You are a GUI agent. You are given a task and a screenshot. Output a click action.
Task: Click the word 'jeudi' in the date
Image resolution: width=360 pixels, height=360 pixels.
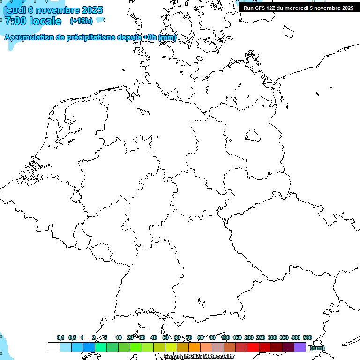coord(14,10)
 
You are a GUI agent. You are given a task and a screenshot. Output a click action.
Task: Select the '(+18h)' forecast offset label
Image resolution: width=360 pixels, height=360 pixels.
coord(81,21)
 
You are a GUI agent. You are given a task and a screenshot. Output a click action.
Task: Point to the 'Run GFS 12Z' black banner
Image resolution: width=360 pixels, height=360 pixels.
coord(299,8)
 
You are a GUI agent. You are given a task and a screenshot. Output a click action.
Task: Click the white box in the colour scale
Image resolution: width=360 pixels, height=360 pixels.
coord(53,347)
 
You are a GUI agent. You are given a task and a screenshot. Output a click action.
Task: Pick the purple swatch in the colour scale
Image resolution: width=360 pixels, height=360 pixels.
coord(300,347)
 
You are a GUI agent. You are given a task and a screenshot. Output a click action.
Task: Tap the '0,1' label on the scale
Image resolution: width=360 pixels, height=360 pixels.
coord(60,337)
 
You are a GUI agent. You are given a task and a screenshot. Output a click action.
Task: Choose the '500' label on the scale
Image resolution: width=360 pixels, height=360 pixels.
coord(307,337)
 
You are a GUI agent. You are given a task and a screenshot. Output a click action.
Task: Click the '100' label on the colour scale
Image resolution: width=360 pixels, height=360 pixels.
coord(225,337)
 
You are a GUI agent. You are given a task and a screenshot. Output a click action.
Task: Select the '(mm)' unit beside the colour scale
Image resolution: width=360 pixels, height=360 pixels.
coord(317,348)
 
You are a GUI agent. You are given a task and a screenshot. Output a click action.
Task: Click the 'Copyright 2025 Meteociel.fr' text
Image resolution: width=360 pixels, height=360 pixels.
coord(199,357)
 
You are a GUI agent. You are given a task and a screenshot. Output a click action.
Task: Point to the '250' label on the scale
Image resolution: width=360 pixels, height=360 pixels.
coord(261,337)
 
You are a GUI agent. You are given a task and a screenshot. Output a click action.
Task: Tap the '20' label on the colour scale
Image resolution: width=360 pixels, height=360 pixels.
coord(130,337)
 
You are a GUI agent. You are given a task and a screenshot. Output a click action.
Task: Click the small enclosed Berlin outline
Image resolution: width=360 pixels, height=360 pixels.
coord(253,135)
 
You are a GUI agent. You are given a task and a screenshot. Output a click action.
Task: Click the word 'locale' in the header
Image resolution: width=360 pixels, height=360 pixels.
coord(45,21)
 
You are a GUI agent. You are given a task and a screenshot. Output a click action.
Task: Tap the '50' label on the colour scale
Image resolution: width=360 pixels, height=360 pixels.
coord(165,337)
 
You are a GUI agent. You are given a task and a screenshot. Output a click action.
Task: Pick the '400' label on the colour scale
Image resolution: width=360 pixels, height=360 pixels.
coord(296,337)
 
